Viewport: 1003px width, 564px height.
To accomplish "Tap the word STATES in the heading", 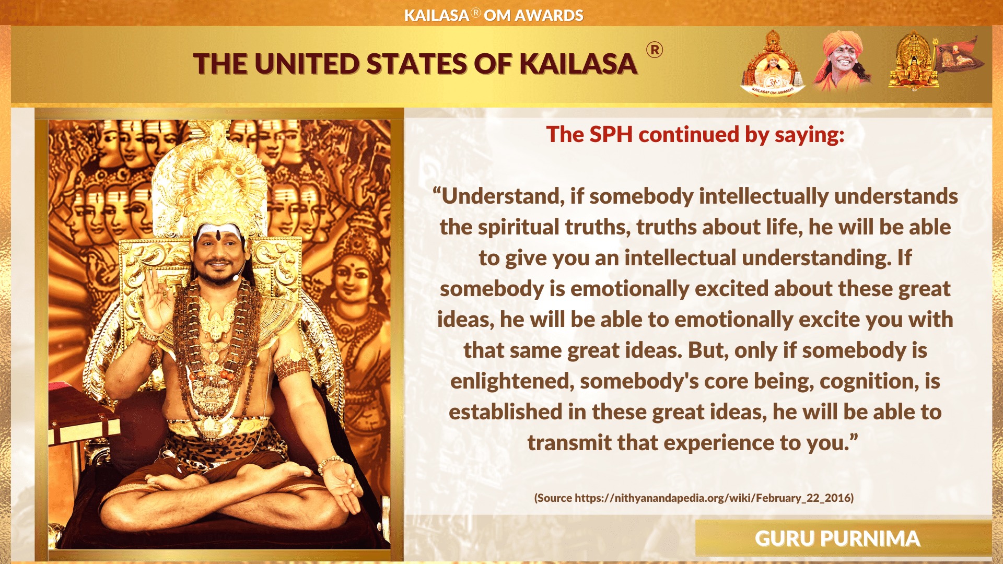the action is click(416, 64).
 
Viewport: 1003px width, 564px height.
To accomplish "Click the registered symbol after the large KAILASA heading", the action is click(655, 50).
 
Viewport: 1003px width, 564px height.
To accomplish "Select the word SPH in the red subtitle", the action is click(611, 134).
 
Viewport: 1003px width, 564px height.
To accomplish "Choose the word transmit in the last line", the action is click(569, 443).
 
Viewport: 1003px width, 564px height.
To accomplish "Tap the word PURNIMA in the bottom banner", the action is click(870, 538).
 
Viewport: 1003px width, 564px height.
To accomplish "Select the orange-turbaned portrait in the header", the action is click(841, 62).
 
